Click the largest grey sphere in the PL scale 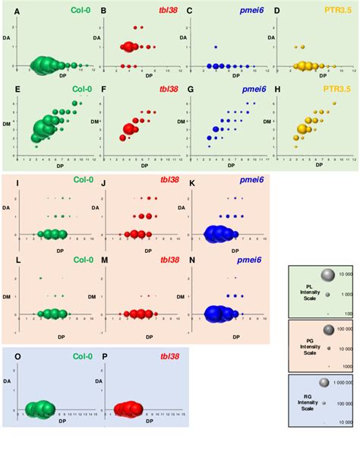tap(327, 275)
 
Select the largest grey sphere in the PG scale tap(327, 330)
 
